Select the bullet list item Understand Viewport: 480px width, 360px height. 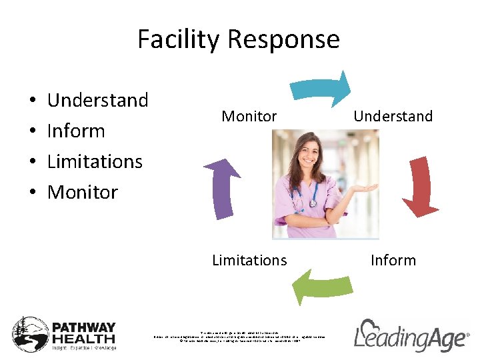point(98,101)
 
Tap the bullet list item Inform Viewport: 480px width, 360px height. point(76,131)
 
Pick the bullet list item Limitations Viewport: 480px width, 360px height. point(95,162)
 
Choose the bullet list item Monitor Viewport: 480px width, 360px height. point(83,193)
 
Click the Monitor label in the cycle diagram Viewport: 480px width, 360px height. point(249,117)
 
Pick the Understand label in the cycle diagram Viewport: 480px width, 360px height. point(393,117)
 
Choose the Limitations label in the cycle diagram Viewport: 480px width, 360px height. point(249,261)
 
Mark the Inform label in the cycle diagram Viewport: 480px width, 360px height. point(393,261)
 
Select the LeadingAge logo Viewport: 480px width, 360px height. point(411,335)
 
